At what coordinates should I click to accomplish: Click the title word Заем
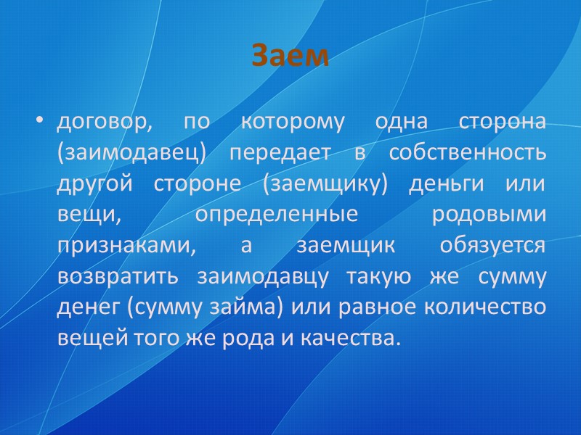[290, 56]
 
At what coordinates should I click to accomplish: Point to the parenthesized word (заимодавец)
[133, 153]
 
